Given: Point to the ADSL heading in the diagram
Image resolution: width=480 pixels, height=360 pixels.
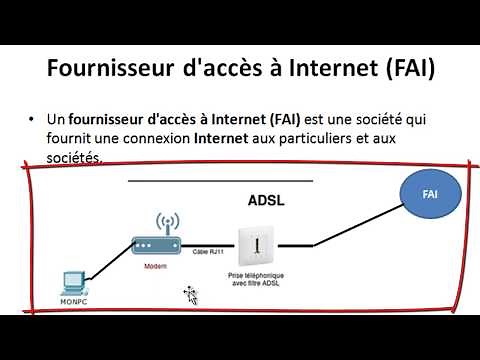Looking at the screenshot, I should pos(266,200).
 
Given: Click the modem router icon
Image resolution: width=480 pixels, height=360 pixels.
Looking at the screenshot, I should pos(154,240).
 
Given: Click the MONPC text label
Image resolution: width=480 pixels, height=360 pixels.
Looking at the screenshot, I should pos(72,302).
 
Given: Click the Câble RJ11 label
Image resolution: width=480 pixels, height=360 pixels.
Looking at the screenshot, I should pos(209,255).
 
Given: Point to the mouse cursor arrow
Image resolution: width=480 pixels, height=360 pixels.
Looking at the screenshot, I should pos(189,294).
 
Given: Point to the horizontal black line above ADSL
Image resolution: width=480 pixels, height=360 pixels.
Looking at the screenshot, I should pos(221,181).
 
